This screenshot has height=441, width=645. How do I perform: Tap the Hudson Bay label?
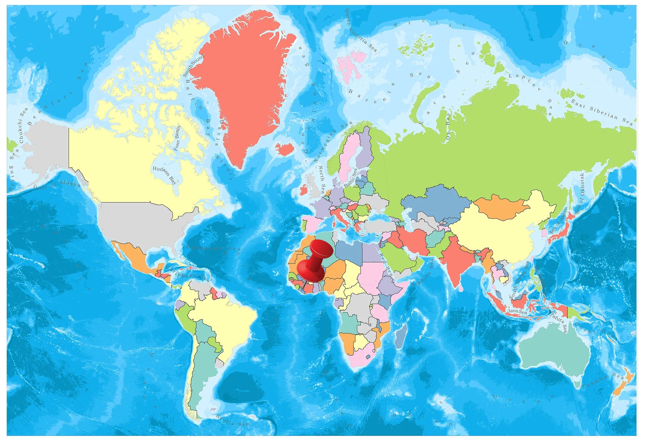tap(164, 175)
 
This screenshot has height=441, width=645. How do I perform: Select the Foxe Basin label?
tap(177, 139)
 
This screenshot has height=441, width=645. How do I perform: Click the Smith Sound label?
tap(193, 65)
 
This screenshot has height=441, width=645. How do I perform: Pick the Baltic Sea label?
tap(351, 178)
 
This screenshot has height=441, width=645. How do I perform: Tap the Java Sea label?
tap(517, 312)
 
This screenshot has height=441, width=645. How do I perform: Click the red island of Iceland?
tap(285, 149)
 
